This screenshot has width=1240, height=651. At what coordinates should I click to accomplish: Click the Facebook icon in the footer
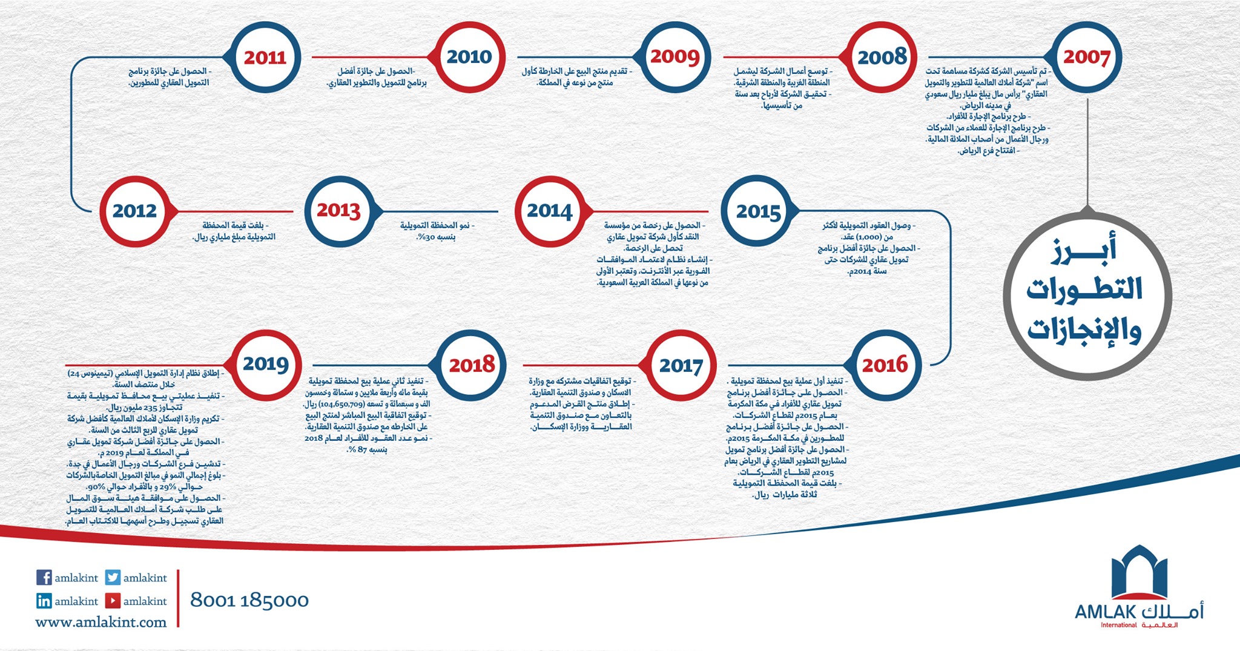point(44,577)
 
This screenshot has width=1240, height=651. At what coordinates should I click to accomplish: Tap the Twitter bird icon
point(113,577)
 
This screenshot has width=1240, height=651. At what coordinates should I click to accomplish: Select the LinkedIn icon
point(44,601)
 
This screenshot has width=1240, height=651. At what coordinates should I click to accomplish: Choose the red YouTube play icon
point(113,601)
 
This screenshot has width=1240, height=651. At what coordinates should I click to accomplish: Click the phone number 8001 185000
point(249,600)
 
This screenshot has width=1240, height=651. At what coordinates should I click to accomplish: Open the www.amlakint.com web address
point(101,622)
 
